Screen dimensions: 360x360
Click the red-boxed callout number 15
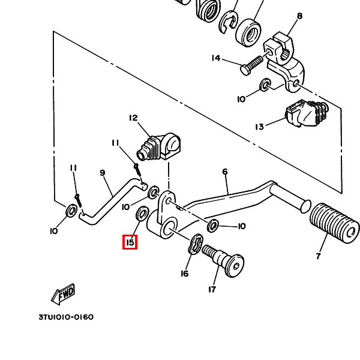[130, 242]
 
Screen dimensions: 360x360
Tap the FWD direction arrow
[63, 294]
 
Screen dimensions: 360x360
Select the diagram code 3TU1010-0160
[66, 317]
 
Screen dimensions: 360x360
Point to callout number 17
[212, 290]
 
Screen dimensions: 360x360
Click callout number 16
[185, 274]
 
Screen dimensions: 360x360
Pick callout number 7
[318, 256]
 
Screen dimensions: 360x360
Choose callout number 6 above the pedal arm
[225, 172]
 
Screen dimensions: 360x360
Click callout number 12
[133, 118]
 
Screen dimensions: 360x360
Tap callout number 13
[259, 127]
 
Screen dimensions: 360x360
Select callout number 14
[216, 58]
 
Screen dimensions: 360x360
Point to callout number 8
[299, 16]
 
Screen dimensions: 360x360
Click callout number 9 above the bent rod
[103, 173]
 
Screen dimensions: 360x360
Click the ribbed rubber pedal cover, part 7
[335, 223]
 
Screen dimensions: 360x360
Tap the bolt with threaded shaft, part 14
[251, 65]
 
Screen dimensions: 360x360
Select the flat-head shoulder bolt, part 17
[223, 261]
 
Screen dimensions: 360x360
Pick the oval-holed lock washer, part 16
[196, 244]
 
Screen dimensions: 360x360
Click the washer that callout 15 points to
[142, 214]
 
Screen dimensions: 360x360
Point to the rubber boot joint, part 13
[307, 113]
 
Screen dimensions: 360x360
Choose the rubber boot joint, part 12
[158, 147]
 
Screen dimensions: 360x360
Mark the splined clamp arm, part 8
[284, 62]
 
